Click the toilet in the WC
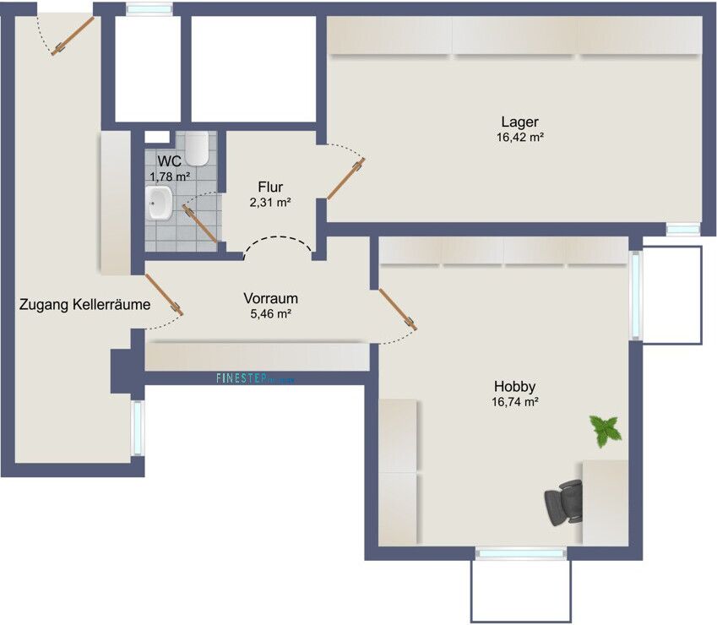click(x=198, y=148)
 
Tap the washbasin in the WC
click(x=158, y=203)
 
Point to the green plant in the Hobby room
click(x=606, y=430)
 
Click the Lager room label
click(x=519, y=122)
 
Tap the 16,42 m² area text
click(x=519, y=137)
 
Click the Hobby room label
click(x=516, y=387)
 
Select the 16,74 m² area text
click(x=516, y=403)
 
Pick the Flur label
click(x=270, y=187)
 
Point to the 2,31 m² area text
click(x=270, y=203)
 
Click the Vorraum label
click(x=270, y=298)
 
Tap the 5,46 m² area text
click(x=270, y=314)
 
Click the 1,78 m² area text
click(x=170, y=176)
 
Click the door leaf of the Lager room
click(x=345, y=179)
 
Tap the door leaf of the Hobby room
click(x=397, y=308)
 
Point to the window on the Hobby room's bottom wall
click(x=520, y=553)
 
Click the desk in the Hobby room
click(x=606, y=503)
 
